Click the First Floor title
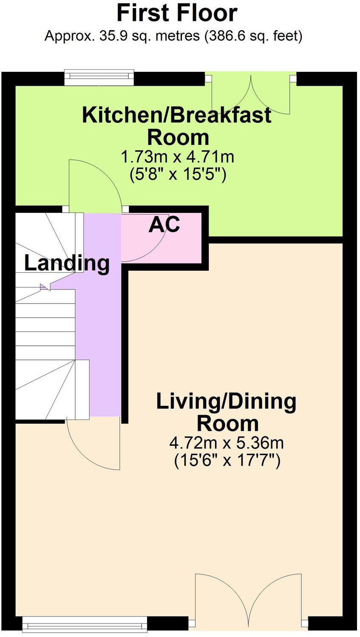point(177,13)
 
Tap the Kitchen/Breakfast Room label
point(177,126)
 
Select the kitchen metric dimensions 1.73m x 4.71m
point(178,157)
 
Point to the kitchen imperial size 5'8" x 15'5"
point(178,175)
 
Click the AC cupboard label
point(164,224)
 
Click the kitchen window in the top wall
point(99,77)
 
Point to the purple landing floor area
point(104,313)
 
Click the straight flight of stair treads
point(45,324)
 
